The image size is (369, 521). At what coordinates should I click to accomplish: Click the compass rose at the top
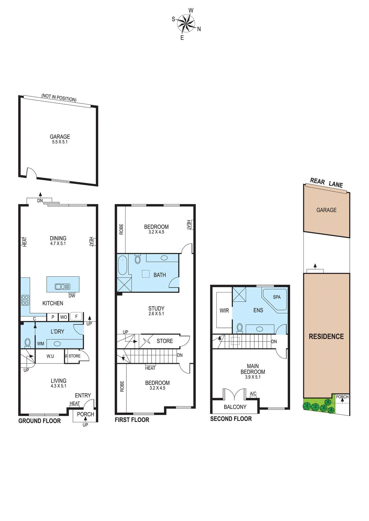pos(186,24)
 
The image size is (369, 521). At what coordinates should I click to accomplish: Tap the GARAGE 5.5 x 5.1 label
pos(60,139)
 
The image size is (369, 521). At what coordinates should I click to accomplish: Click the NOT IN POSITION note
pos(59,97)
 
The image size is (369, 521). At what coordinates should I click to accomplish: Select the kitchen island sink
pos(63,287)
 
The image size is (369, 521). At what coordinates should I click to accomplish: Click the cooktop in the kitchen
pos(25,300)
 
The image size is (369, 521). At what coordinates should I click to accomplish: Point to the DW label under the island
pos(72,296)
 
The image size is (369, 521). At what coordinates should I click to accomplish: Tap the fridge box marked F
pos(76,316)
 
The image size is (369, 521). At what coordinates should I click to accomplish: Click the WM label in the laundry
pos(40,344)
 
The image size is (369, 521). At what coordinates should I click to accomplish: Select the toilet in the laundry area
pos(28,343)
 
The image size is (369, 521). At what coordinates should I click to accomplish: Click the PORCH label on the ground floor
pos(85,414)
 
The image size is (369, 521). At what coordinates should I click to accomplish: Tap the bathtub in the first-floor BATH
pos(123,265)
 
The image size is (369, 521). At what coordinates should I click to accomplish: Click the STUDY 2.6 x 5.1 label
pos(156,311)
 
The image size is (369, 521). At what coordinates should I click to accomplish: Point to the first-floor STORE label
pos(165,341)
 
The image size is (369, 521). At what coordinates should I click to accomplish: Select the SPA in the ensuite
pos(276,299)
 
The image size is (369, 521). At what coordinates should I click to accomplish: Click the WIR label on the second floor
pos(224,311)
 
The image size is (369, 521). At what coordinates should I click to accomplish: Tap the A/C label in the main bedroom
pos(253,394)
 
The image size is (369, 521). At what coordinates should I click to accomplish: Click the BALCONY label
pos(235,407)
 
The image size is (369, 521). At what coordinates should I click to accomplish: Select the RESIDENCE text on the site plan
pos(326,336)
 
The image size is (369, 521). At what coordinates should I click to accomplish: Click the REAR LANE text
pos(326,183)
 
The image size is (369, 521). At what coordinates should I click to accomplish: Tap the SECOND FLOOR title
pos(231,419)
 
